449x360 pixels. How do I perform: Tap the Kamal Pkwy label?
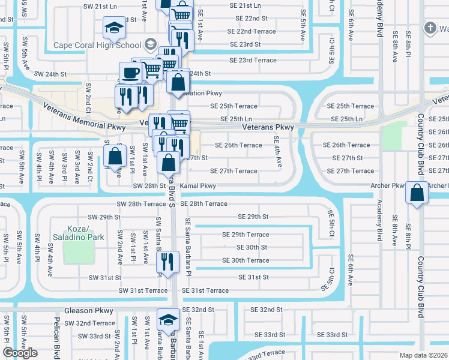(x=197, y=186)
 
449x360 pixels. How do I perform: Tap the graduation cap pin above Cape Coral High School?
(x=113, y=27)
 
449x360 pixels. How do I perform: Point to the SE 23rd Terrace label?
(x=253, y=60)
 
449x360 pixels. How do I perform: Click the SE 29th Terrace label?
(x=246, y=235)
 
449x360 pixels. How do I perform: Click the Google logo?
(x=20, y=353)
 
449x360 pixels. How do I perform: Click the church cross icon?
(x=430, y=28)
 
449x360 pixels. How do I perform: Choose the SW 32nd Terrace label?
(x=89, y=323)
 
